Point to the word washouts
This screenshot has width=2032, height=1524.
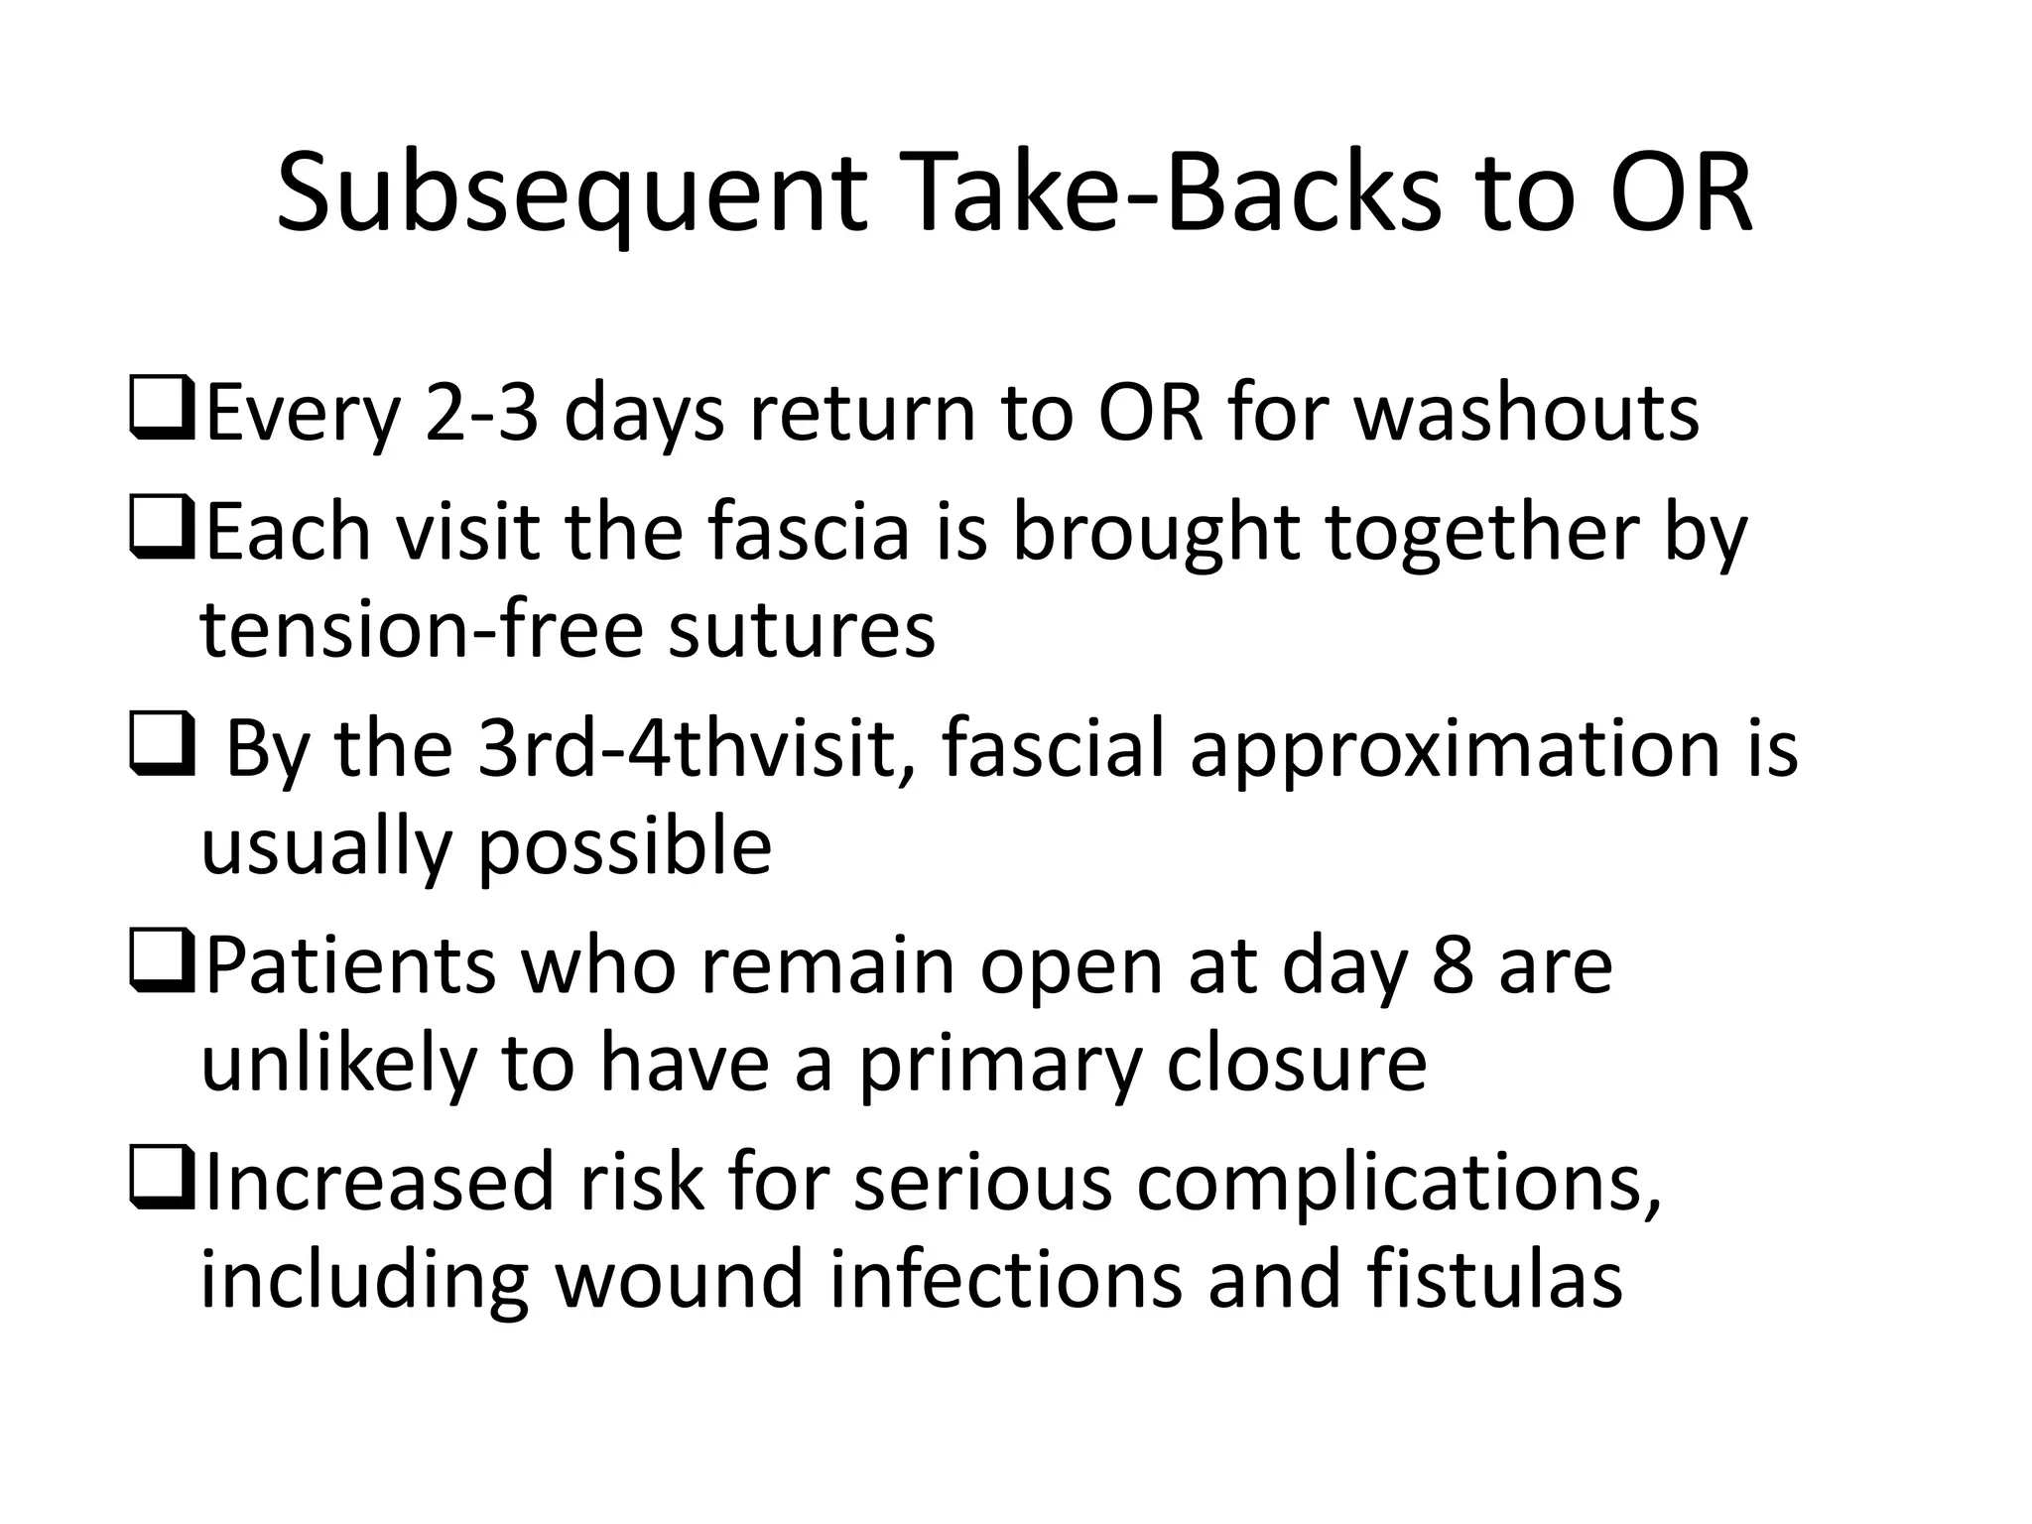(1527, 414)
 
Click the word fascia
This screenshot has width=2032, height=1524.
(808, 532)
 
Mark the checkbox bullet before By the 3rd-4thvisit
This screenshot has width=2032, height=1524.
(160, 749)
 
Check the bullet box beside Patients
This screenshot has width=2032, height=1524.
(160, 965)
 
